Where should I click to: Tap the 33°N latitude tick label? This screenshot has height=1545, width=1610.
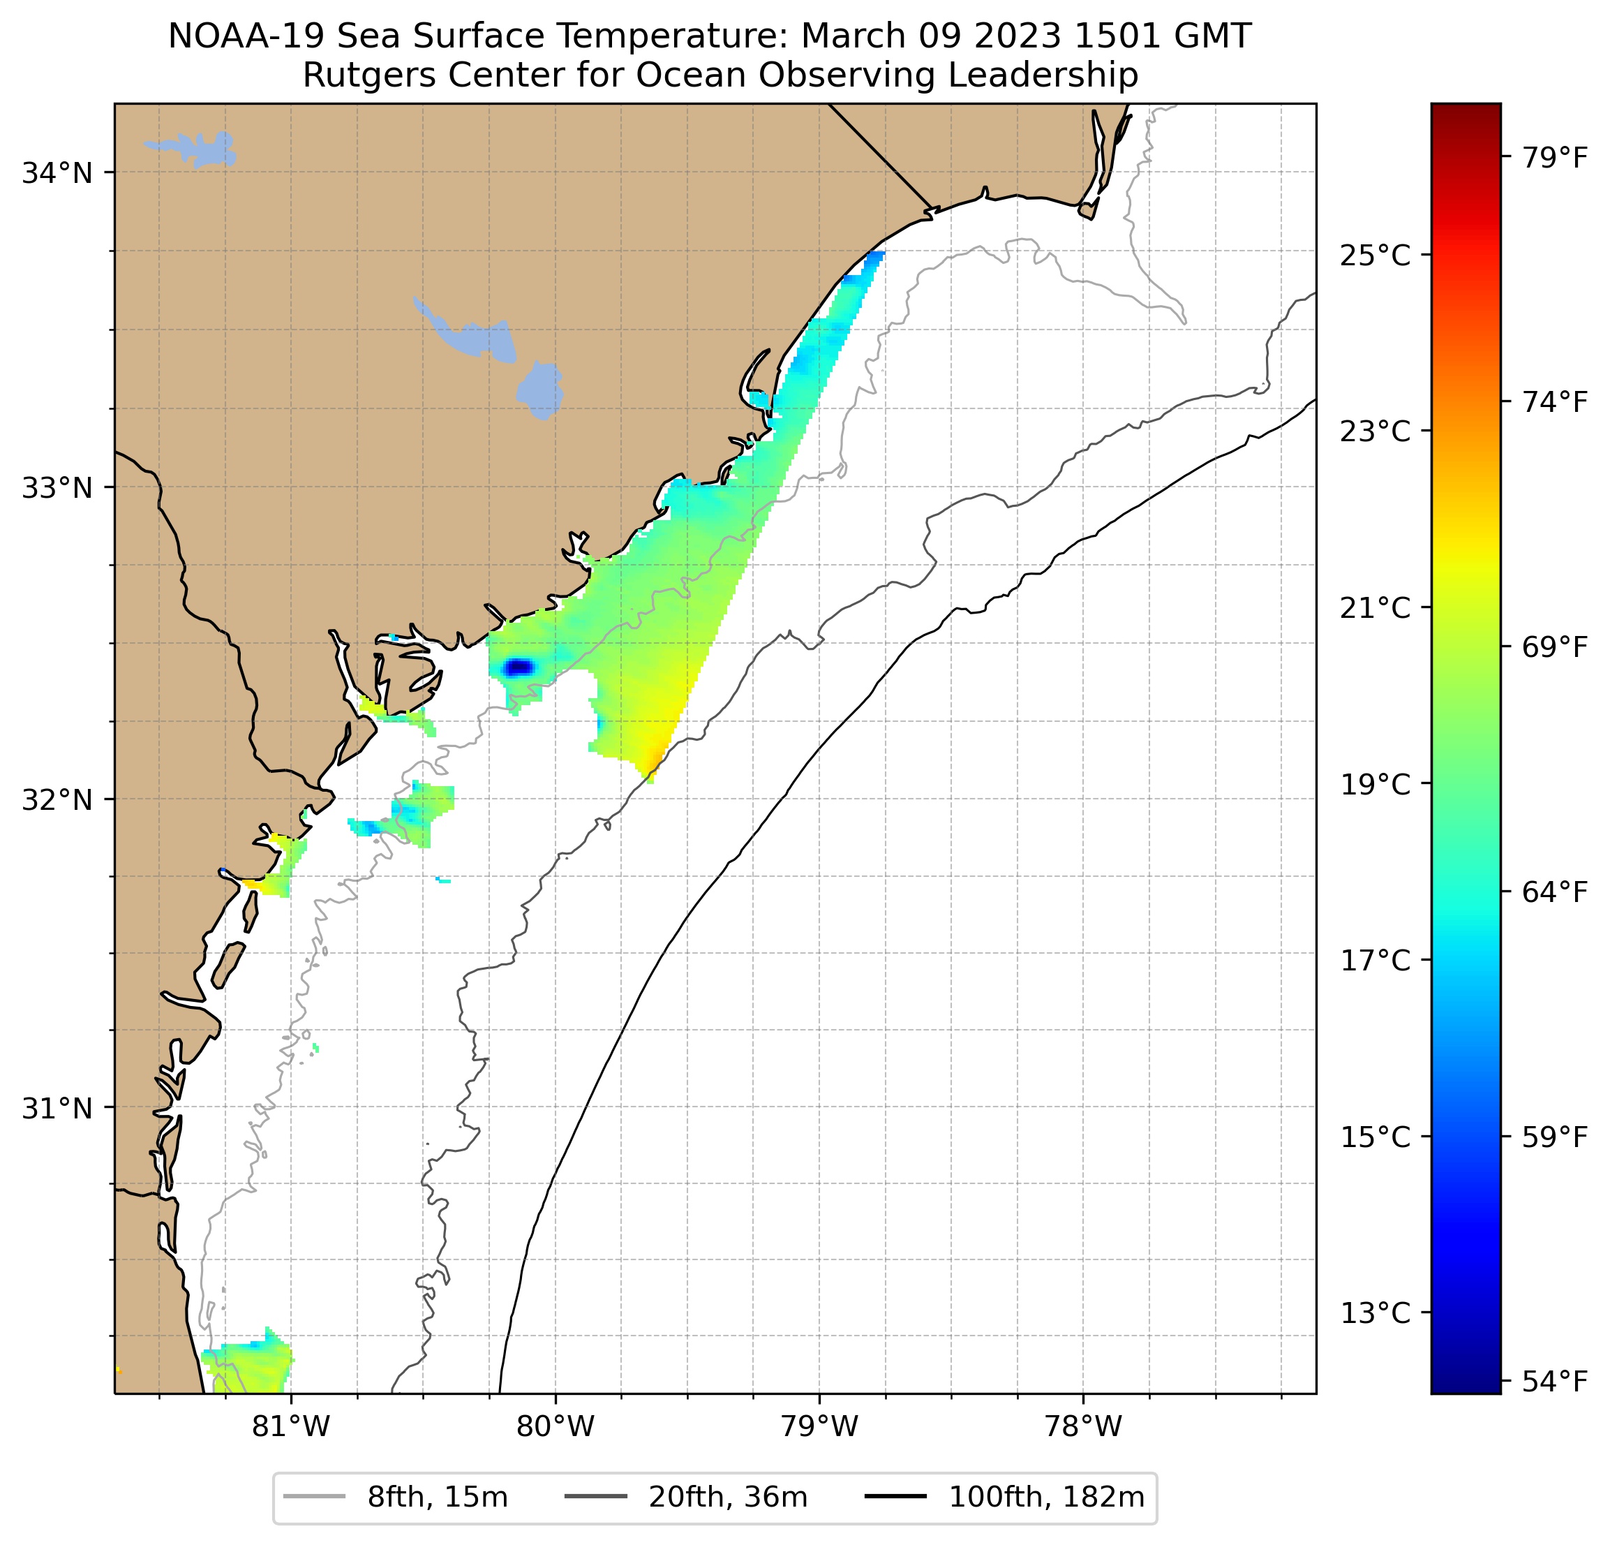(57, 487)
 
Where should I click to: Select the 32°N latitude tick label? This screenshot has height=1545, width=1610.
(57, 799)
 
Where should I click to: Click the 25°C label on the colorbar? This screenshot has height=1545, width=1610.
(1375, 256)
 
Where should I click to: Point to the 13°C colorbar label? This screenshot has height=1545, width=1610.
(1375, 1313)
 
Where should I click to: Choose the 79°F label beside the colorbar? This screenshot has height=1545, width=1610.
(1555, 157)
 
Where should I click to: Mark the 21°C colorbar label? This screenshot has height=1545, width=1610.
(1375, 608)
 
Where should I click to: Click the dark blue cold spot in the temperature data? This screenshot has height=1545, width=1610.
(519, 667)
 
